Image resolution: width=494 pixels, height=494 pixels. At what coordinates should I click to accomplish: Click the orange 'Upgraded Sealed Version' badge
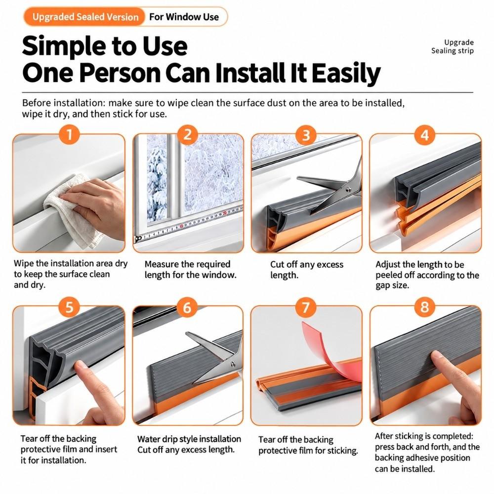pyautogui.click(x=84, y=17)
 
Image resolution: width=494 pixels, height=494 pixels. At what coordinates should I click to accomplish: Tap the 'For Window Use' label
pyautogui.click(x=184, y=17)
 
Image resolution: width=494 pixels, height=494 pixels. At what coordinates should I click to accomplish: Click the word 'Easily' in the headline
pyautogui.click(x=346, y=74)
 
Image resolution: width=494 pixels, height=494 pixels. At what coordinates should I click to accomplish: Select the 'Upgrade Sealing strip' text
pyautogui.click(x=453, y=46)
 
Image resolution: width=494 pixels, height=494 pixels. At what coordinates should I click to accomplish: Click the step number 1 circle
pyautogui.click(x=69, y=135)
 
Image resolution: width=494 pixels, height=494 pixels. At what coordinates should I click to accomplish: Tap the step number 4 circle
pyautogui.click(x=425, y=135)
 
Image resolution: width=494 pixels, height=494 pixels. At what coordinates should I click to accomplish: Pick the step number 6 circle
pyautogui.click(x=187, y=307)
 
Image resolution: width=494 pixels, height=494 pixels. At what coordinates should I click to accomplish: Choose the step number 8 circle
pyautogui.click(x=425, y=307)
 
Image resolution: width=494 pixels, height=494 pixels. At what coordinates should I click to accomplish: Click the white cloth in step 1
pyautogui.click(x=73, y=211)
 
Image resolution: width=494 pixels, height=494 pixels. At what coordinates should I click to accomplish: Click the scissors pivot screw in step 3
pyautogui.click(x=348, y=189)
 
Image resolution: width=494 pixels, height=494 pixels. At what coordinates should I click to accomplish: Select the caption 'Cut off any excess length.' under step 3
pyautogui.click(x=307, y=270)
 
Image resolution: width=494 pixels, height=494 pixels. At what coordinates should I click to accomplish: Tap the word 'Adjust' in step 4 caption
pyautogui.click(x=387, y=265)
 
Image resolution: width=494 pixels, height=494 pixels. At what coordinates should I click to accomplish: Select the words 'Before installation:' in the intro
pyautogui.click(x=64, y=103)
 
